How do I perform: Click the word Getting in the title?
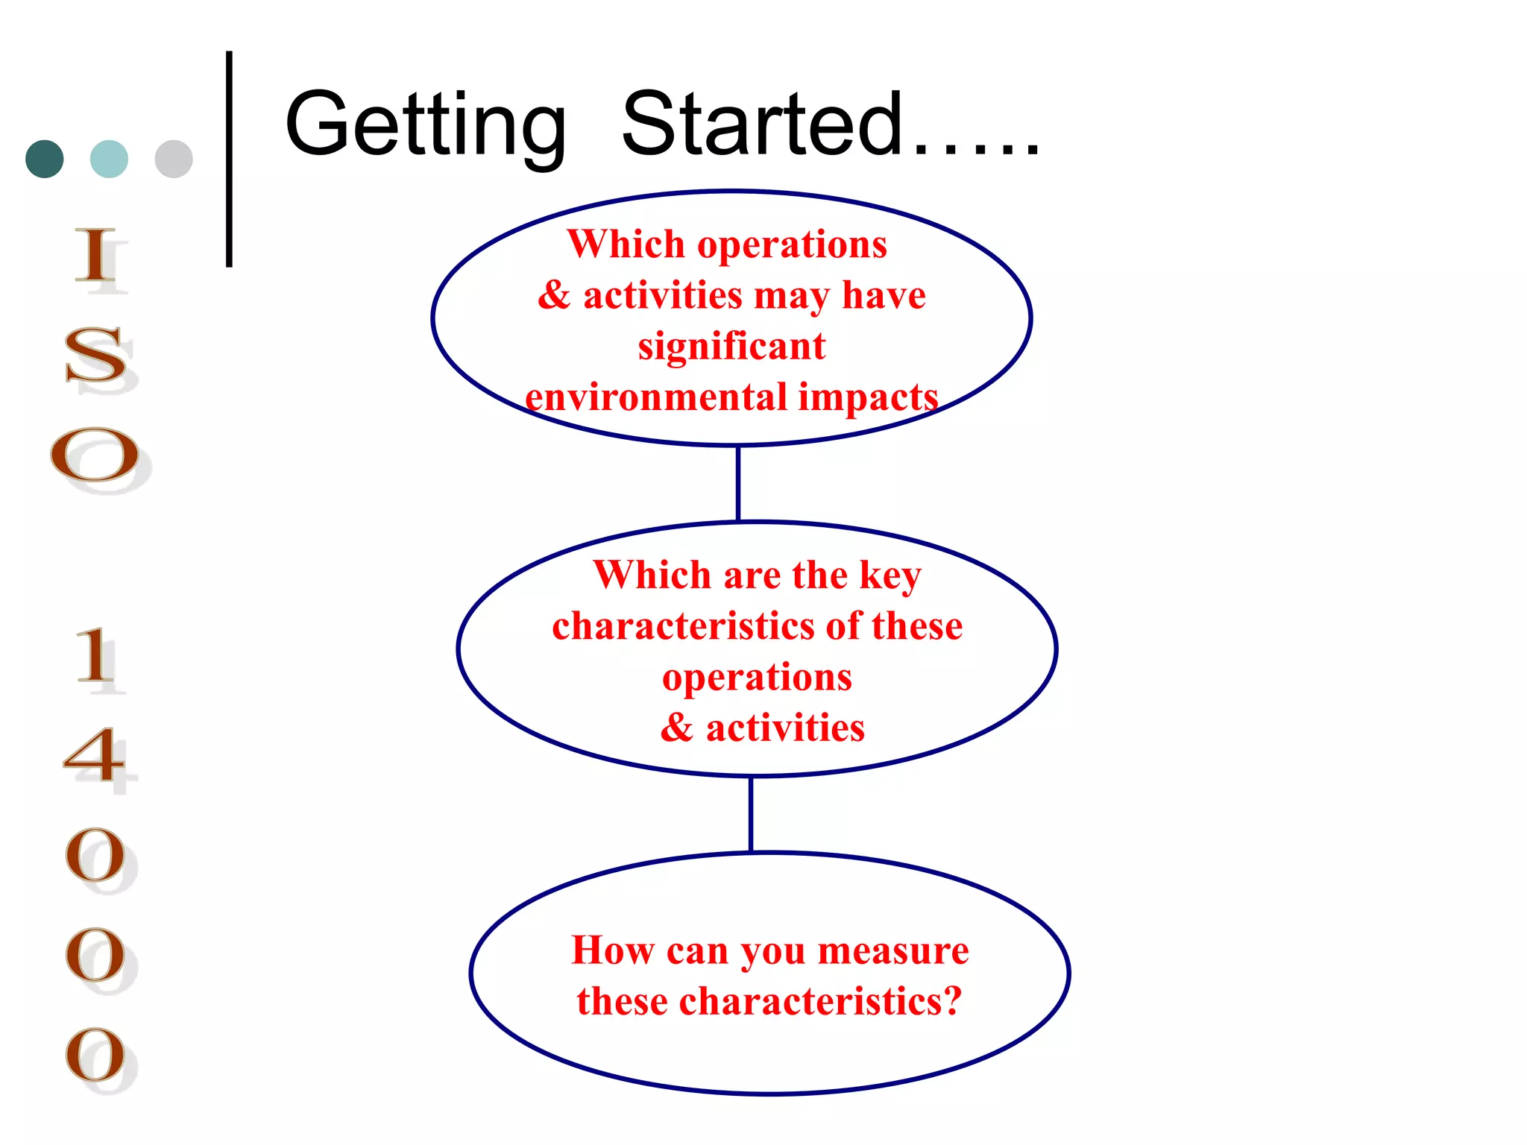pyautogui.click(x=425, y=125)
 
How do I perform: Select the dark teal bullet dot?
pyautogui.click(x=45, y=159)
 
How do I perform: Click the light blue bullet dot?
pyautogui.click(x=109, y=159)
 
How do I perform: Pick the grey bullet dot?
pyautogui.click(x=174, y=159)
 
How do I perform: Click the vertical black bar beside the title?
pyautogui.click(x=229, y=159)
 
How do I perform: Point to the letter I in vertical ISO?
pyautogui.click(x=97, y=256)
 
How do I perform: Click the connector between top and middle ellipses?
pyautogui.click(x=737, y=483)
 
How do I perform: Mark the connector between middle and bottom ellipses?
pyautogui.click(x=750, y=813)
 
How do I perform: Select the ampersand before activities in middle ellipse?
pyautogui.click(x=676, y=728)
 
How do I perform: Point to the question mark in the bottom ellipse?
pyautogui.click(x=951, y=1000)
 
